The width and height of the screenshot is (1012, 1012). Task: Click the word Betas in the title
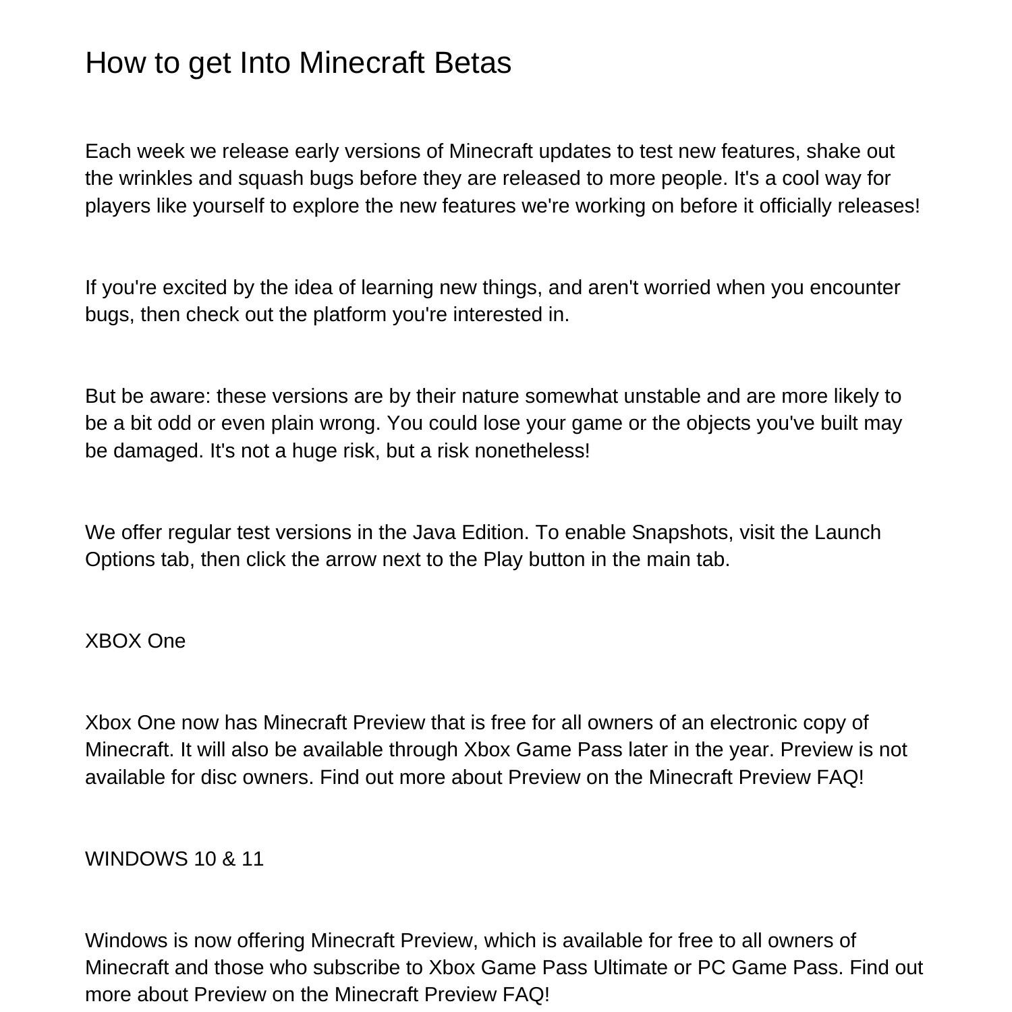pyautogui.click(x=472, y=63)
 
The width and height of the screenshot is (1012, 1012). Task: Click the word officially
pyautogui.click(x=795, y=206)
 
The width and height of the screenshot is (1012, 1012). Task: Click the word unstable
pyautogui.click(x=663, y=396)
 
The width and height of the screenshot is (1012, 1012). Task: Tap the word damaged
pyautogui.click(x=158, y=451)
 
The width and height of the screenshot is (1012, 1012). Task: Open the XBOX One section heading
pyautogui.click(x=135, y=641)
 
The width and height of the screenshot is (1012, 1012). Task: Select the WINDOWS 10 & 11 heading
pyautogui.click(x=174, y=859)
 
